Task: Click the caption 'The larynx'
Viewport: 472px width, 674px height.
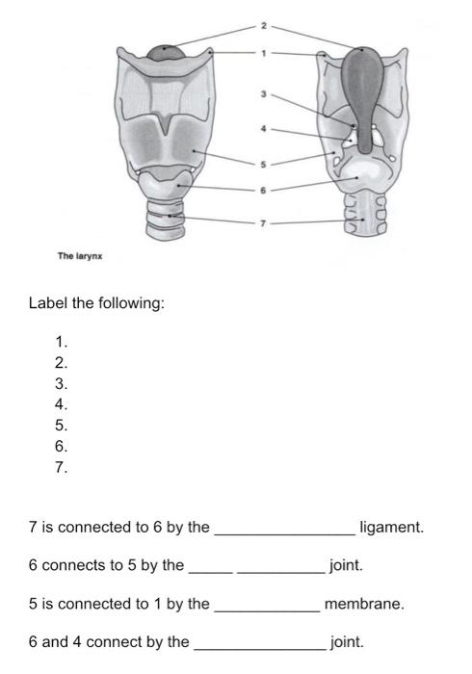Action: coord(80,255)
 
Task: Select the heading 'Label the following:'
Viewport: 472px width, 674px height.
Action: coord(96,303)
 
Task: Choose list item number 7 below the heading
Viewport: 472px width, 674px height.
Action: coord(62,469)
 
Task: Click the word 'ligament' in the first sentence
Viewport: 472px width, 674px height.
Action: coord(391,528)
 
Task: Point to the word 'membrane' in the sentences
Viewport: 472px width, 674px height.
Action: coord(364,605)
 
